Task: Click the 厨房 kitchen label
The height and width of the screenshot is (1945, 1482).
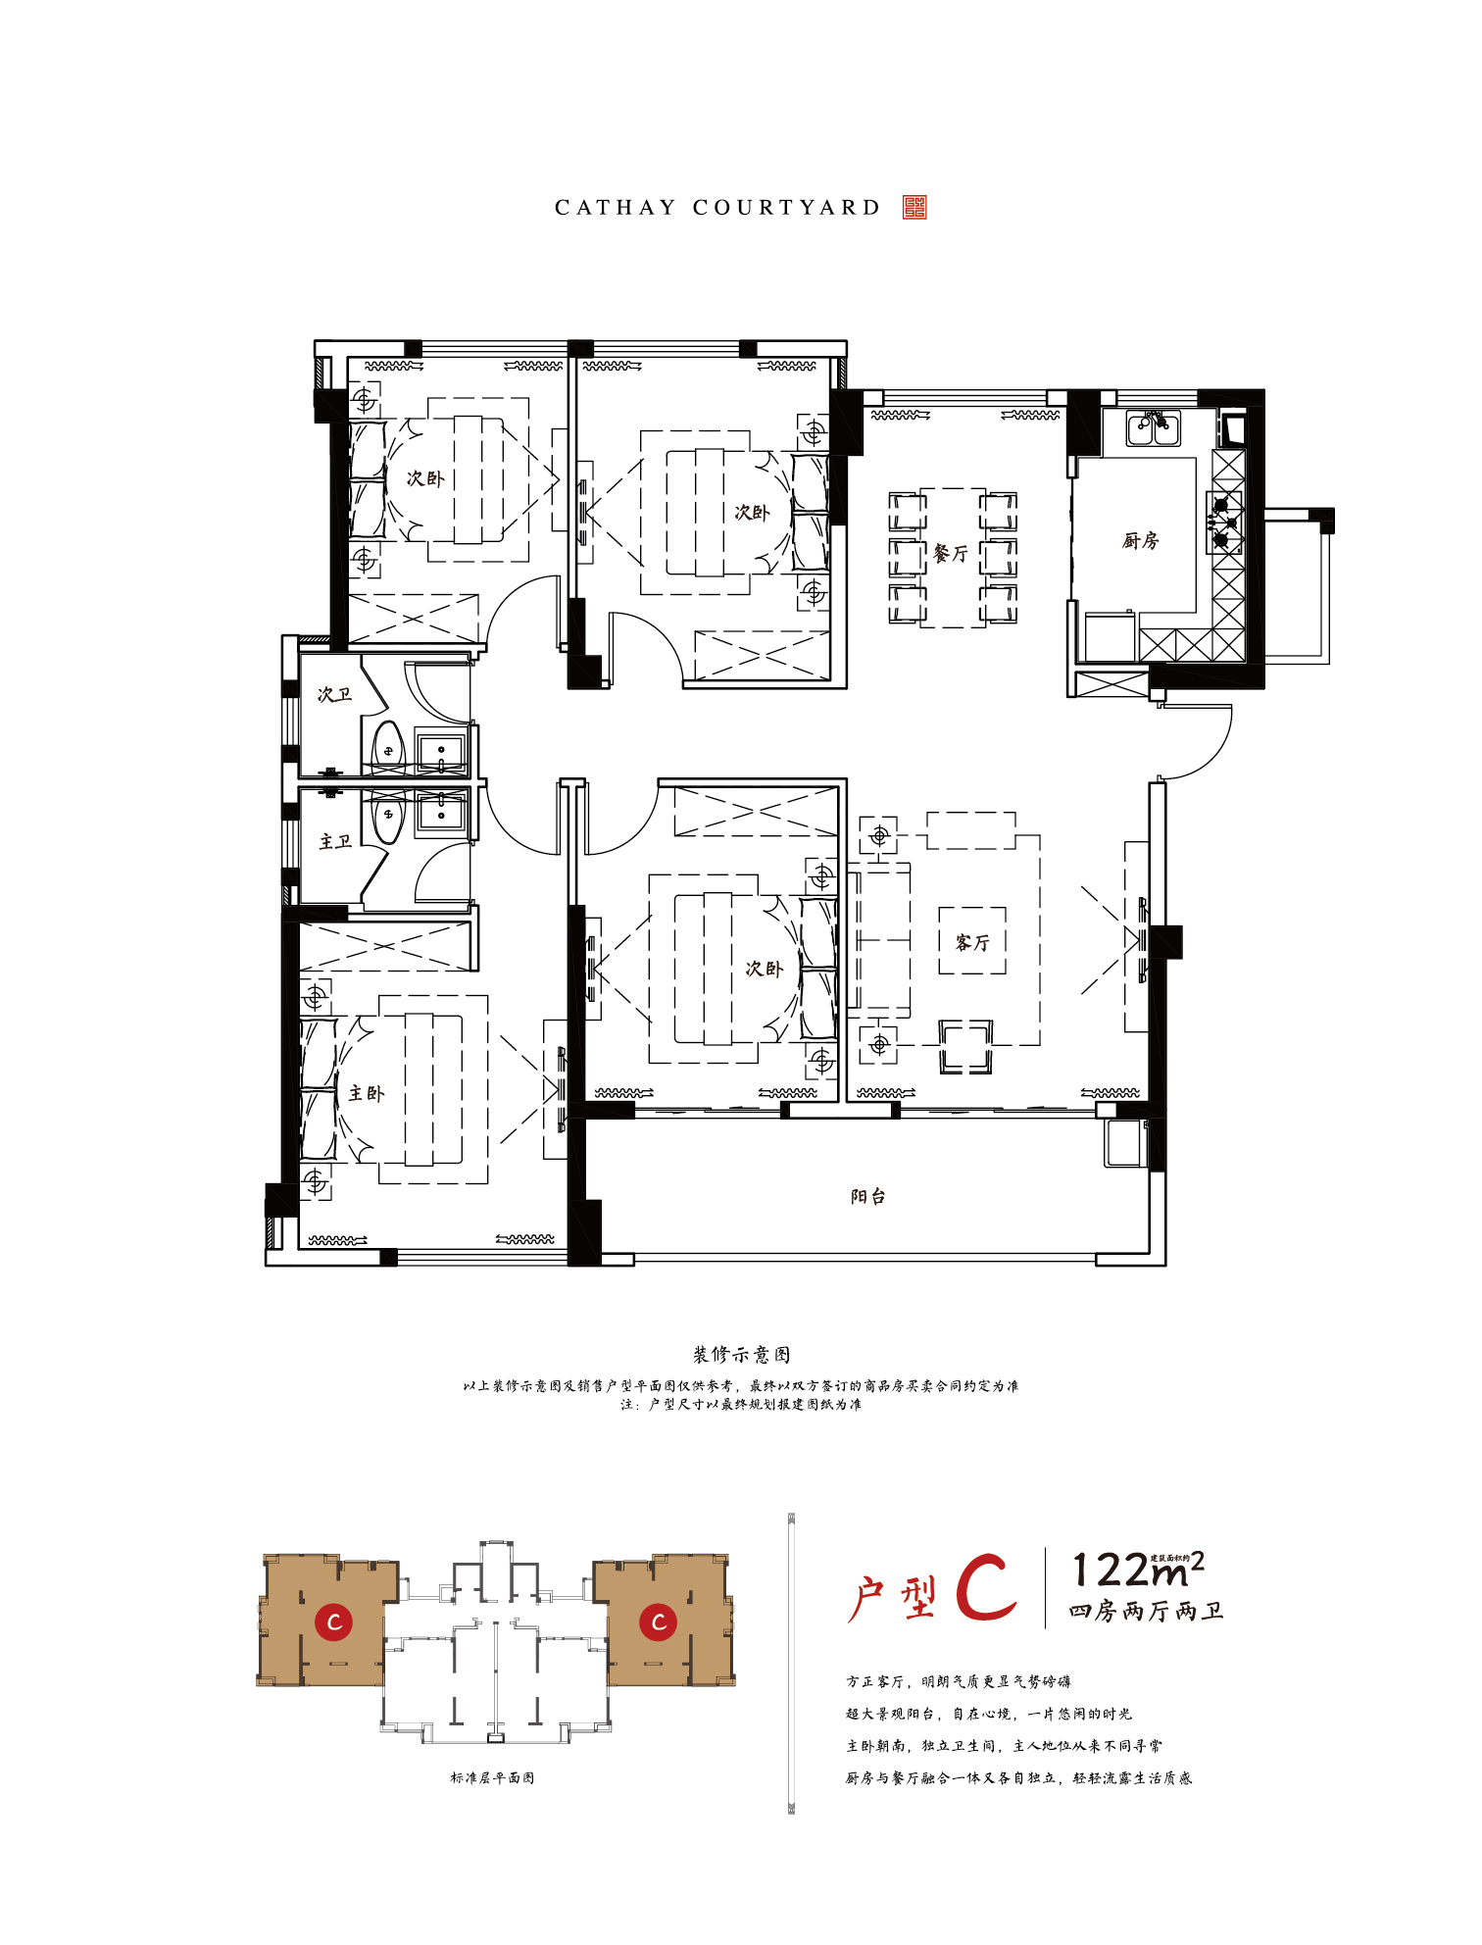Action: pyautogui.click(x=1141, y=540)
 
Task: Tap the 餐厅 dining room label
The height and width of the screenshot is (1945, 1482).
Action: pyautogui.click(x=951, y=554)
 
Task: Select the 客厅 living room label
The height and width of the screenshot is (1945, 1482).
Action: pyautogui.click(x=972, y=942)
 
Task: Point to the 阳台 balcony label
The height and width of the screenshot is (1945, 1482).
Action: pyautogui.click(x=867, y=1196)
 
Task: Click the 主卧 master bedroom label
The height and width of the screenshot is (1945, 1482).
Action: pyautogui.click(x=367, y=1093)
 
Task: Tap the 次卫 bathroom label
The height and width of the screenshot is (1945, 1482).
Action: pyautogui.click(x=334, y=694)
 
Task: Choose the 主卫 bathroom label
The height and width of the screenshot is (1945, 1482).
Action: pyautogui.click(x=335, y=841)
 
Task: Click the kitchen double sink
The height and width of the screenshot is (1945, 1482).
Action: pyautogui.click(x=1154, y=428)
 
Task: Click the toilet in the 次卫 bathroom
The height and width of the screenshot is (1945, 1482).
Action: pyautogui.click(x=389, y=745)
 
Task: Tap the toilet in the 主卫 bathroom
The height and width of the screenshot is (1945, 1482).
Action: pyautogui.click(x=389, y=819)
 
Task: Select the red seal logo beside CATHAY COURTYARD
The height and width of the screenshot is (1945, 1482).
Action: pyautogui.click(x=914, y=207)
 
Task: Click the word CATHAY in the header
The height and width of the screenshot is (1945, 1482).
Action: pyautogui.click(x=616, y=208)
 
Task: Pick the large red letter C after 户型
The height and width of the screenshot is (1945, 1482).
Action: pyautogui.click(x=986, y=1587)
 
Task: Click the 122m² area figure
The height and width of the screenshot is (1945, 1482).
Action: pyautogui.click(x=1138, y=1570)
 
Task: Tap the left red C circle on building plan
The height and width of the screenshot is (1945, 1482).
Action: pyautogui.click(x=334, y=1621)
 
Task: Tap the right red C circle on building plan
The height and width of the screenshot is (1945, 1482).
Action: pyautogui.click(x=659, y=1621)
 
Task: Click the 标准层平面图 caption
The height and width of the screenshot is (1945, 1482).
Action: pyautogui.click(x=492, y=1777)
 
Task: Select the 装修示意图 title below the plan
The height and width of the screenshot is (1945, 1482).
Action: pyautogui.click(x=741, y=1354)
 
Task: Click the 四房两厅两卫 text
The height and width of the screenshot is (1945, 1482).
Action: pyautogui.click(x=1146, y=1611)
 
